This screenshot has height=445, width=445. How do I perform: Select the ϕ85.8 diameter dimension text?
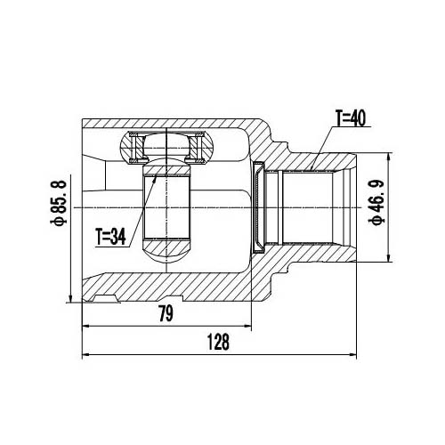(58, 208)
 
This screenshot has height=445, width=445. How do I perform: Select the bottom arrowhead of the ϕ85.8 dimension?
(70, 297)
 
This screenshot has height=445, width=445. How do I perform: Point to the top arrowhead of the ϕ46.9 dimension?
(388, 158)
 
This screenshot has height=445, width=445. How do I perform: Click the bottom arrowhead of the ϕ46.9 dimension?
(388, 258)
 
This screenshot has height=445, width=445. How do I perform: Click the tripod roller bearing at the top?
(166, 145)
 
